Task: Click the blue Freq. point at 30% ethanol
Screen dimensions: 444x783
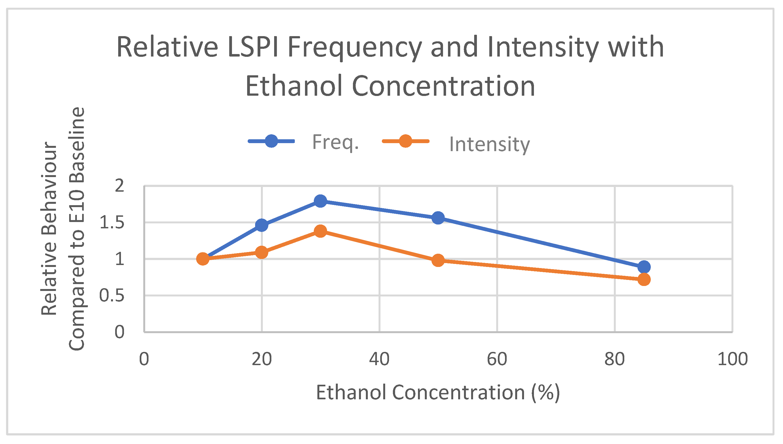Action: tap(320, 201)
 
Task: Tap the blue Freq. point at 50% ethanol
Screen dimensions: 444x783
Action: tap(438, 218)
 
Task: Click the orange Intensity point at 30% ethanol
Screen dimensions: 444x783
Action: tap(320, 231)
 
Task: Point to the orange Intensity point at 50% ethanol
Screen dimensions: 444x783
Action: tap(438, 260)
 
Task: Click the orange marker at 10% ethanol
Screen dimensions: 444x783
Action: tap(203, 259)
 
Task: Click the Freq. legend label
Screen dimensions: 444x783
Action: tap(335, 142)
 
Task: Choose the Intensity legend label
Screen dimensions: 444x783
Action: tap(489, 144)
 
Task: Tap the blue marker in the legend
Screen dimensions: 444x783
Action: tap(271, 141)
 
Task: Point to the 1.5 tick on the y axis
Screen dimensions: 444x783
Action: tap(112, 223)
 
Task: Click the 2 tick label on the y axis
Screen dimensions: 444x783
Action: tap(119, 186)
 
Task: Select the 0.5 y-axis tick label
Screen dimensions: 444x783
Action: tap(112, 296)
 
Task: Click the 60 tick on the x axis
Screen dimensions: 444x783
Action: tap(497, 359)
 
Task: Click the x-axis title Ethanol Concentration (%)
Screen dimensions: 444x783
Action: tap(438, 392)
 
